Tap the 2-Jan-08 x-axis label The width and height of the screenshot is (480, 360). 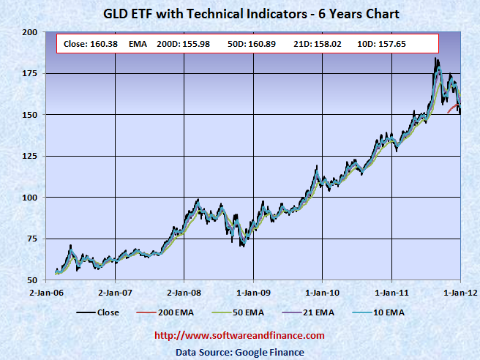pos(184,292)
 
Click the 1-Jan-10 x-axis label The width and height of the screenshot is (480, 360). pos(322,292)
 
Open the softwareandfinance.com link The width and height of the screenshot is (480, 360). pos(239,336)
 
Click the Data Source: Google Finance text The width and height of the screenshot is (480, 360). pos(240,352)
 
